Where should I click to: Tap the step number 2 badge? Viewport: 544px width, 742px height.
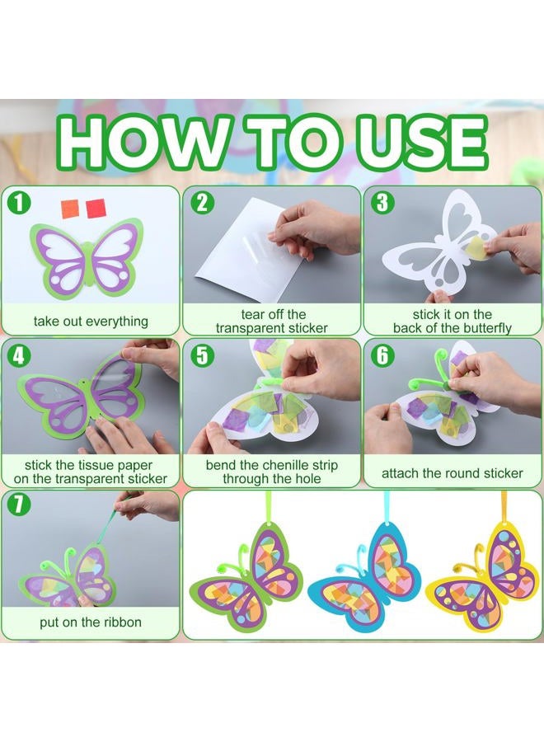pyautogui.click(x=201, y=203)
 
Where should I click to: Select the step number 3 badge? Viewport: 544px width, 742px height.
pyautogui.click(x=382, y=203)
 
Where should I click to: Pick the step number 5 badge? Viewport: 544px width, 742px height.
pyautogui.click(x=201, y=355)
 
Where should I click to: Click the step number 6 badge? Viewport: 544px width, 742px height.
pyautogui.click(x=382, y=355)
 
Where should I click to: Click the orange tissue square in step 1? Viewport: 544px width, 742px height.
pyautogui.click(x=70, y=209)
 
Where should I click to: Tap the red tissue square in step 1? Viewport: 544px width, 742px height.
pyautogui.click(x=95, y=209)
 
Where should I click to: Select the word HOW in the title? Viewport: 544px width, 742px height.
pyautogui.click(x=143, y=141)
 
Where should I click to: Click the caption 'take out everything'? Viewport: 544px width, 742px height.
pyautogui.click(x=91, y=322)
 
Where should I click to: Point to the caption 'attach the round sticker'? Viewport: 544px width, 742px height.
pyautogui.click(x=453, y=473)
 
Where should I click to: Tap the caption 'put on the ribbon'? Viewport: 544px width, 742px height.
pyautogui.click(x=91, y=622)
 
